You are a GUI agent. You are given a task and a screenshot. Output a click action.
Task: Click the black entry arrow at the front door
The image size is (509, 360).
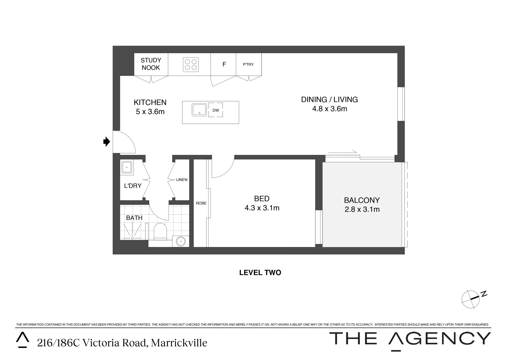pos(107,141)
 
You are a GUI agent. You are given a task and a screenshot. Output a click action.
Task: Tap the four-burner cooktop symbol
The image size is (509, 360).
pos(191,65)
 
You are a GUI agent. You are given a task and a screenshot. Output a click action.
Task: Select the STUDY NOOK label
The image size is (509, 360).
pos(151,64)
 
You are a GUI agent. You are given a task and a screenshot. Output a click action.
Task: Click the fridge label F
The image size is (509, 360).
pos(224,64)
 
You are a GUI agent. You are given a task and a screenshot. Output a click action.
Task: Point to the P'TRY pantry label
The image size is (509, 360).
pos(248,64)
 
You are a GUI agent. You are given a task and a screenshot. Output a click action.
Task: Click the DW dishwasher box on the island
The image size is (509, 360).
pos(216,110)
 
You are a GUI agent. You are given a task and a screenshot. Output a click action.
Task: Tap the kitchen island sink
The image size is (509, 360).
pos(199,110)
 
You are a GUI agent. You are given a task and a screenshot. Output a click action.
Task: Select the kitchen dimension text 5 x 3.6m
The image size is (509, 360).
pos(150,112)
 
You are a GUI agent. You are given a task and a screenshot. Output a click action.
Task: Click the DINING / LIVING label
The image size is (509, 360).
pos(329,99)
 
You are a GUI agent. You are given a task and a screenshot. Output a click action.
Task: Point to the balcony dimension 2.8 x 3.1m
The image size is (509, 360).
pos(362,209)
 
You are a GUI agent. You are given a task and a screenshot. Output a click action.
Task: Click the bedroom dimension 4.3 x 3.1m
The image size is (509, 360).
pos(262,208)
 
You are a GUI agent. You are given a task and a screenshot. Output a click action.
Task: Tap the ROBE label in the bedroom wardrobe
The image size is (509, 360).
pos(201,203)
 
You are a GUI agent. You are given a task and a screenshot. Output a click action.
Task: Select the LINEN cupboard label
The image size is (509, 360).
pos(182,180)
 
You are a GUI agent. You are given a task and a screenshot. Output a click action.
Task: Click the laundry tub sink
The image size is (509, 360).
pos(127,168)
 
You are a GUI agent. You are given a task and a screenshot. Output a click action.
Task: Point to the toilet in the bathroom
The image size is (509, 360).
pos(160,231)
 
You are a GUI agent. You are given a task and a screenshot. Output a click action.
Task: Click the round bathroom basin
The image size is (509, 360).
pos(181,241)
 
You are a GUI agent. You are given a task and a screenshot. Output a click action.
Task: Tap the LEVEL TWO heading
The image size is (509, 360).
pos(260,272)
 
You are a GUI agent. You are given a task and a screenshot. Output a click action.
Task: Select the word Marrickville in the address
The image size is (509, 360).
pos(179,343)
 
